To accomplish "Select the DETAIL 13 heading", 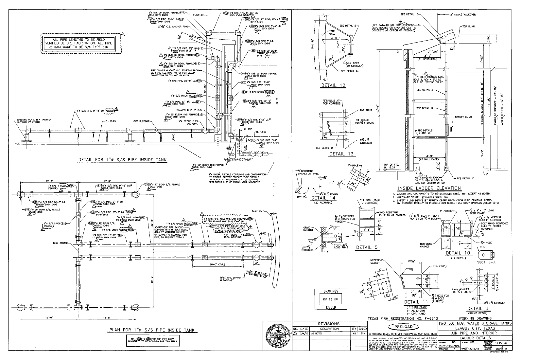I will pos(341,153).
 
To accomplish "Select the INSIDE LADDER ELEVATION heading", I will pos(429,188).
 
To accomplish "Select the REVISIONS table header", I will pos(329,324).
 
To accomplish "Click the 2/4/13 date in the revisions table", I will pos(304,333).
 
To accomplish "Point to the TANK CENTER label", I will pos(60,243).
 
